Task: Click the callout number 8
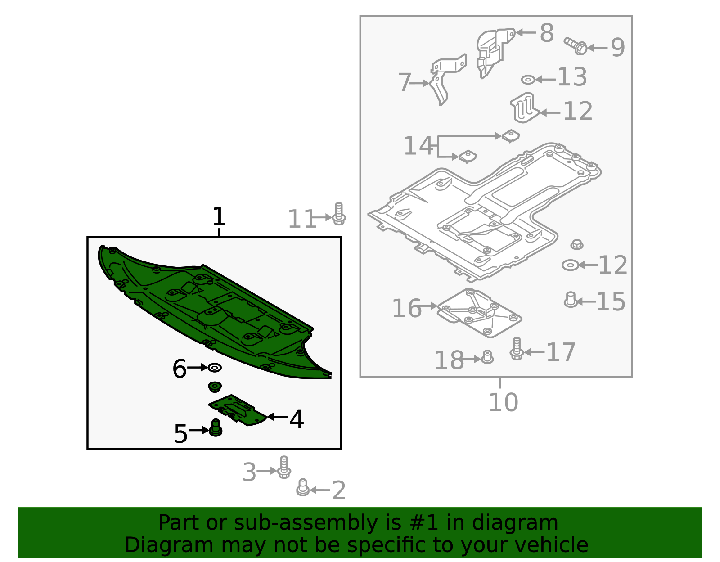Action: click(x=547, y=33)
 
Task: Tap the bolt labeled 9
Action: click(x=576, y=46)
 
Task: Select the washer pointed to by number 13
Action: click(x=528, y=80)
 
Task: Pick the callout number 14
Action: click(x=418, y=145)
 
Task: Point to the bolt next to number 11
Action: click(x=339, y=214)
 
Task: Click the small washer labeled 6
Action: click(x=215, y=368)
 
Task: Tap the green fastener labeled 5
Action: click(x=216, y=427)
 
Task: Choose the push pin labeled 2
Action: click(x=303, y=487)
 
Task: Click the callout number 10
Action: click(x=503, y=402)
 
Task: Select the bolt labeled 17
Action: click(x=517, y=349)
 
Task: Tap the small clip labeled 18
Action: click(x=487, y=357)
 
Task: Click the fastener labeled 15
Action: click(x=571, y=300)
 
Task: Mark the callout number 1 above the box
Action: click(x=219, y=216)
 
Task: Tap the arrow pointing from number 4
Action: click(x=277, y=417)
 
